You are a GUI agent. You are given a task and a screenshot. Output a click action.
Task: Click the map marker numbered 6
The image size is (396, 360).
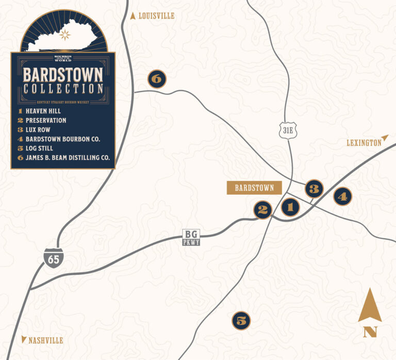pos(157,78)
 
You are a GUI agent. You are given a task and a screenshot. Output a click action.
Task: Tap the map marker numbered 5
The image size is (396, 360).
pos(241,321)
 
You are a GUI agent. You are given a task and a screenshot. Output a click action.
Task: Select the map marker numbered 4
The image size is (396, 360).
pos(342,196)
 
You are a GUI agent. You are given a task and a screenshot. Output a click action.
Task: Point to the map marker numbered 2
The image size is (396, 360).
pos(262,209)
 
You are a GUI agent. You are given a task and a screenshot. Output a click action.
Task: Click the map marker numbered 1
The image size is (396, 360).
pos(290,207)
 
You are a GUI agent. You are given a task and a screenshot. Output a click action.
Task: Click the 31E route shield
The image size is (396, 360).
pos(288,130)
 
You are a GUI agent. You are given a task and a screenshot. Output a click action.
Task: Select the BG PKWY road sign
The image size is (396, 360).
pos(191,237)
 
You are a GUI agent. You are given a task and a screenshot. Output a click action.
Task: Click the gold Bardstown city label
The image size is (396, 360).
pos(254,188)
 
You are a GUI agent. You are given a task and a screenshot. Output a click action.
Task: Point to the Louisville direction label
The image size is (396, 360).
pos(153,16)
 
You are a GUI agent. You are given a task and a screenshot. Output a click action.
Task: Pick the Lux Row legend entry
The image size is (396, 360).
pos(38,130)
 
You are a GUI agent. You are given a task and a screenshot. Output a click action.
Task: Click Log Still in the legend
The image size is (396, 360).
pos(39,149)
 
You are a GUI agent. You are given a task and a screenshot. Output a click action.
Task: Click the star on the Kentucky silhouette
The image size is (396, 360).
pos(64,35)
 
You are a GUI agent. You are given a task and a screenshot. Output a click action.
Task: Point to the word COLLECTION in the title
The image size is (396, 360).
pos(63,89)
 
